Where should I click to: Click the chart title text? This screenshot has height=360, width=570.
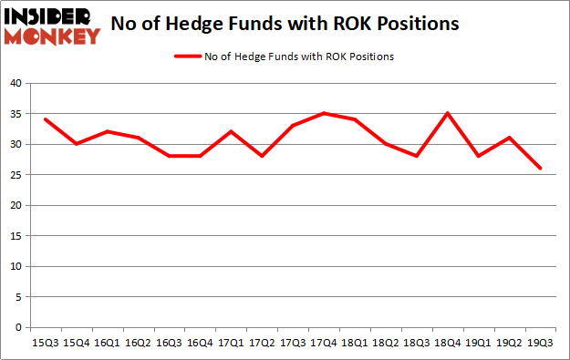pyautogui.click(x=284, y=25)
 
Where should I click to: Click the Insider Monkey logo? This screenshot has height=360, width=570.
pyautogui.click(x=52, y=26)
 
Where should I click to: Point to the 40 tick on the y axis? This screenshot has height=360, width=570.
pyautogui.click(x=16, y=84)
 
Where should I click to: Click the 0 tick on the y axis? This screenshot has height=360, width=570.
pyautogui.click(x=19, y=327)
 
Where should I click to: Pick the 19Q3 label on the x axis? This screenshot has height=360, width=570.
pyautogui.click(x=540, y=342)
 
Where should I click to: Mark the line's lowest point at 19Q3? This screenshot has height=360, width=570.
pyautogui.click(x=540, y=169)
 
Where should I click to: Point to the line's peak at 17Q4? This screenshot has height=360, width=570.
pyautogui.click(x=324, y=113)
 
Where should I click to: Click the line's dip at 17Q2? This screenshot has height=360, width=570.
pyautogui.click(x=263, y=156)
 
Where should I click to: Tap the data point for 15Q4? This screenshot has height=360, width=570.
pyautogui.click(x=78, y=144)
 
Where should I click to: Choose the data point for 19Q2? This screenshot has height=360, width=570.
pyautogui.click(x=509, y=138)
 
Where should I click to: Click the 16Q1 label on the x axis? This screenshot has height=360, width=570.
pyautogui.click(x=109, y=342)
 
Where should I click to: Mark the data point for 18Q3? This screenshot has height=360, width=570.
pyautogui.click(x=417, y=156)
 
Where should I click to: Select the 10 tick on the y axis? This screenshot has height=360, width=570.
pyautogui.click(x=16, y=266)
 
